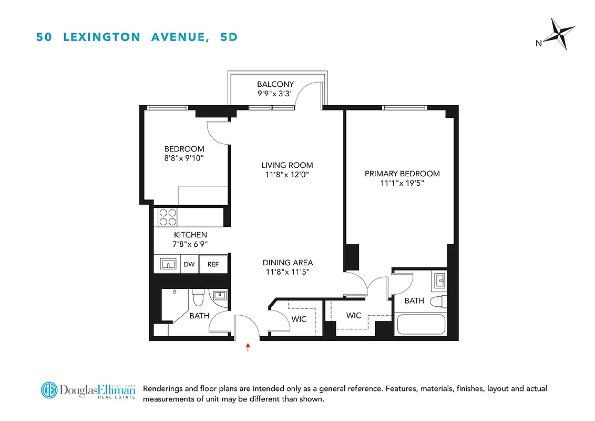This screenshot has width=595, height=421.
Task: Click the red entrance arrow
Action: click(x=248, y=346)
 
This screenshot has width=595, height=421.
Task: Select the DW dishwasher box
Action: click(x=189, y=264)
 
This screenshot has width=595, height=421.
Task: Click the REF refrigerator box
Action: click(x=213, y=264)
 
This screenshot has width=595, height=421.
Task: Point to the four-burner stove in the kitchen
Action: click(x=168, y=217)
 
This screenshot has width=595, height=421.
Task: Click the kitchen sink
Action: click(x=167, y=264)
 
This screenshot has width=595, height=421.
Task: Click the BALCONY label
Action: click(x=275, y=84)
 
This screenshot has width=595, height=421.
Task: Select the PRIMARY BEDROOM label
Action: click(x=402, y=174)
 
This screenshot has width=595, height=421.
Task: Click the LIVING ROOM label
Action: click(x=288, y=165)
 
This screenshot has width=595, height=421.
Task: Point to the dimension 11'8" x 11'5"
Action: click(x=288, y=272)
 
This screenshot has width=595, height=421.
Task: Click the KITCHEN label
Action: click(x=190, y=235)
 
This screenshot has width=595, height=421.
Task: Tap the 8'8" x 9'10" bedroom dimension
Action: click(x=184, y=158)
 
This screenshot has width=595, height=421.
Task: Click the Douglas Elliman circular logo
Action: click(x=49, y=390)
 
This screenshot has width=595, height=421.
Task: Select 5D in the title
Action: click(x=229, y=37)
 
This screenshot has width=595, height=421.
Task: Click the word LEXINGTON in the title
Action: click(x=102, y=37)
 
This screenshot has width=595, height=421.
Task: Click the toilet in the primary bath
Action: click(x=437, y=302)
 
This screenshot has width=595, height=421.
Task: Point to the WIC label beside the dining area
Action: click(x=299, y=319)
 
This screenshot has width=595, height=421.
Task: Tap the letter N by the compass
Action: click(x=538, y=44)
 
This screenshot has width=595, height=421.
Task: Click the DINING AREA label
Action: click(x=288, y=263)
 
